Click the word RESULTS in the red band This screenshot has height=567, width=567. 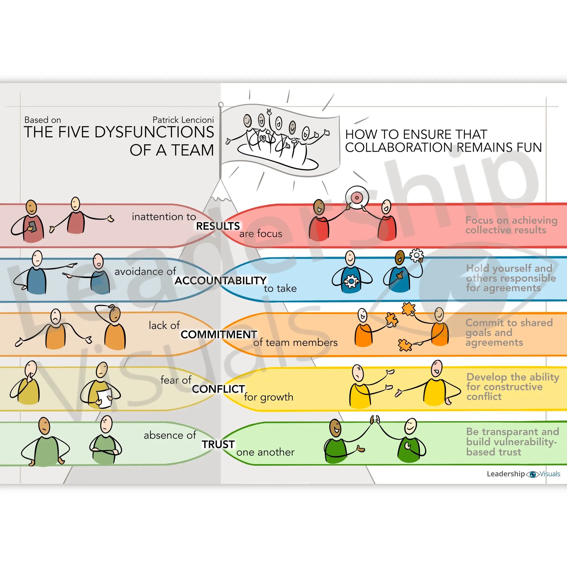pyautogui.click(x=218, y=226)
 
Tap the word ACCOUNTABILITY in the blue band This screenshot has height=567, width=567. pyautogui.click(x=220, y=281)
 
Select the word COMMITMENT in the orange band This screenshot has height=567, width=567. pyautogui.click(x=219, y=335)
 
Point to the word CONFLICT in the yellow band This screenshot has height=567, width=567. pyautogui.click(x=218, y=389)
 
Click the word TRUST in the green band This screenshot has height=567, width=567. pyautogui.click(x=218, y=444)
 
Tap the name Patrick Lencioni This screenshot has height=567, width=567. pyautogui.click(x=183, y=120)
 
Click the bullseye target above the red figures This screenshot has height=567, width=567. pyautogui.click(x=357, y=197)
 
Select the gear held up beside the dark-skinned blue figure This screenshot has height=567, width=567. pyautogui.click(x=416, y=255)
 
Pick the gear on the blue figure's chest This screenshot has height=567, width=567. pyautogui.click(x=351, y=281)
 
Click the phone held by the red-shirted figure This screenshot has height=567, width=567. pyautogui.click(x=32, y=226)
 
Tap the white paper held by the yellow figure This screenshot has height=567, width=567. pyautogui.click(x=105, y=398)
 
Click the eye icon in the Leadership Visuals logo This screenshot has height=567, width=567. pyautogui.click(x=533, y=474)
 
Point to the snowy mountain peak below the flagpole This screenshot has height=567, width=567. pyautogui.click(x=220, y=192)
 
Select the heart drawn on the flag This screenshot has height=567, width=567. pyautogui.click(x=262, y=138)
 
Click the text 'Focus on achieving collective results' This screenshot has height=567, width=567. pyautogui.click(x=511, y=225)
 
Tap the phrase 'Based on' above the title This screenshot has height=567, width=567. pyautogui.click(x=43, y=120)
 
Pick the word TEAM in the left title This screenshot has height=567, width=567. pyautogui.click(x=193, y=150)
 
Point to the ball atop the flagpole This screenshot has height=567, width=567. pyautogui.click(x=221, y=105)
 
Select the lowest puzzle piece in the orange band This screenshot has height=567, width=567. pyautogui.click(x=405, y=345)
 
